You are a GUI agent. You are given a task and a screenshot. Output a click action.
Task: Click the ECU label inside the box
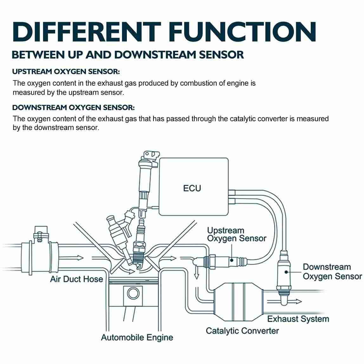[x=192, y=188]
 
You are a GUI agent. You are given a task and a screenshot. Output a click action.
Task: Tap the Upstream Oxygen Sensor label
[x=237, y=234]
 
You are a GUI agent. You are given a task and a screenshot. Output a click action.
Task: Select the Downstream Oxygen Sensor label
[x=332, y=272]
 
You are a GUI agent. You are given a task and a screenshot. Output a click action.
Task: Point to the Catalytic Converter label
[x=242, y=331]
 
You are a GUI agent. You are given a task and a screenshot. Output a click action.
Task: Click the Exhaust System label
[x=298, y=319]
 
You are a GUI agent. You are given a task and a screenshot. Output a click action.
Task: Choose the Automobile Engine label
[x=137, y=337]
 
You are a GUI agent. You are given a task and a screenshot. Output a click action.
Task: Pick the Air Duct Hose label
[x=76, y=279]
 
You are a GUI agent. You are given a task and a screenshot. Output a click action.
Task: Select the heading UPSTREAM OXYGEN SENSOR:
[x=66, y=72]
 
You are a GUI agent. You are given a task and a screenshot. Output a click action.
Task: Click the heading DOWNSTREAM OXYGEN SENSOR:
[x=73, y=107]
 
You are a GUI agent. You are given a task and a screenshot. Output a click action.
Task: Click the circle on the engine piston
[x=133, y=293]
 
